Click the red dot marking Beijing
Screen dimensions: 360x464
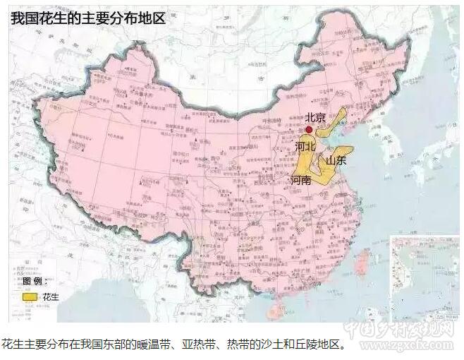tap(309, 130)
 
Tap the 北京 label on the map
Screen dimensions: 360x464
tap(315, 118)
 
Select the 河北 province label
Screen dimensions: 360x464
tap(305, 147)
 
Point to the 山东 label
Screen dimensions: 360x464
tap(336, 161)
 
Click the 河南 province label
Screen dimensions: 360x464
tap(301, 181)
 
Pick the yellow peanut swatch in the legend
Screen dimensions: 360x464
tap(30, 297)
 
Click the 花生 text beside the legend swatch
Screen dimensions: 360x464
tap(51, 297)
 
